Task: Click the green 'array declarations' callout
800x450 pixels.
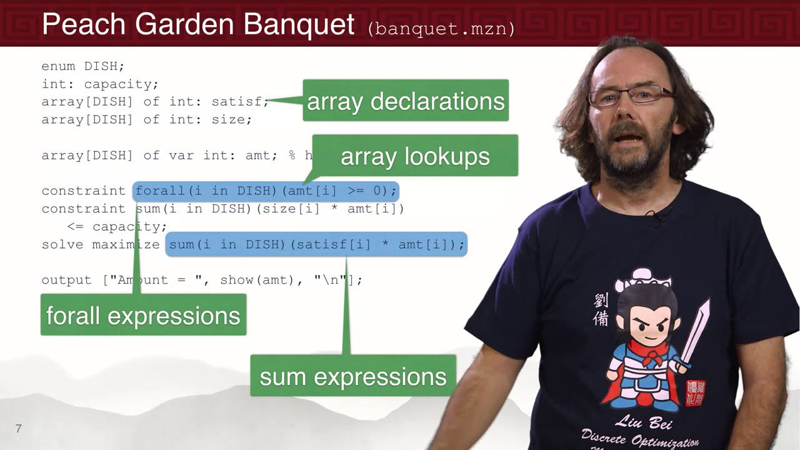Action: [406, 101]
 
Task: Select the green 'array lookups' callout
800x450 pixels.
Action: [415, 156]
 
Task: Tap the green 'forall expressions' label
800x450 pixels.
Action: [143, 316]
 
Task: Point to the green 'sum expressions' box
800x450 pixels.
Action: [353, 376]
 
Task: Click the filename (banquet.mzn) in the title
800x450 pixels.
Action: [441, 29]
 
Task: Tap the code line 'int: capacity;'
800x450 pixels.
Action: [100, 84]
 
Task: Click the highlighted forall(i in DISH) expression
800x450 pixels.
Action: [266, 191]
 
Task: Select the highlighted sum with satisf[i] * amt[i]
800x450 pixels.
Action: [316, 244]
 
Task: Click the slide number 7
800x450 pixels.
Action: [19, 429]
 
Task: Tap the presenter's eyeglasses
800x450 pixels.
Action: [631, 96]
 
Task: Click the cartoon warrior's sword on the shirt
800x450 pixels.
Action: [697, 331]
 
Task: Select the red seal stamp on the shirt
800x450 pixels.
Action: [694, 392]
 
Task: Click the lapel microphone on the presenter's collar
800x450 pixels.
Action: [656, 218]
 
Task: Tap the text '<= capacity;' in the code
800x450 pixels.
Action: [117, 226]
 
